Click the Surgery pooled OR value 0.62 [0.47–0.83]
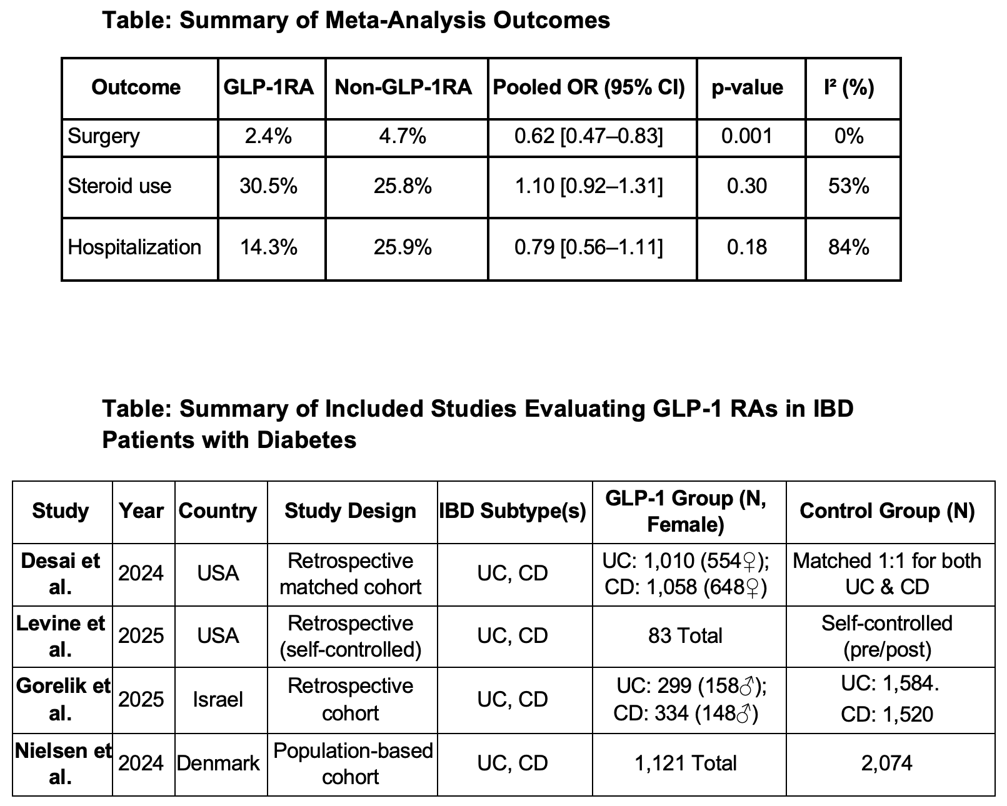[x=589, y=136]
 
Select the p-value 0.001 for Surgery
[x=747, y=136]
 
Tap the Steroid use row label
[x=119, y=186]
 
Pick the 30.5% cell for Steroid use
[x=269, y=186]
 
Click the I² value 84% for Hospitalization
[x=849, y=247]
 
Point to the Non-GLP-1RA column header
[x=403, y=87]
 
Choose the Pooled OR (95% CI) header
[x=589, y=87]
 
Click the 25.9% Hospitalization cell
[x=403, y=247]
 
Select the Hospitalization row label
[x=134, y=247]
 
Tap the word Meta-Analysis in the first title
[x=405, y=20]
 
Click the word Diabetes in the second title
[x=306, y=440]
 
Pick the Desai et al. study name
[x=61, y=574]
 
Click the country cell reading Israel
[x=218, y=700]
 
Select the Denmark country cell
[x=218, y=763]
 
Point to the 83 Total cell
[x=686, y=635]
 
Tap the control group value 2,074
[x=887, y=764]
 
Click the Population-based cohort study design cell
[x=353, y=764]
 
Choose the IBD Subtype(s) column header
[x=513, y=511]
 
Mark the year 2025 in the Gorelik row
[x=141, y=700]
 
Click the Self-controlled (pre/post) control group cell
[x=887, y=636]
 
